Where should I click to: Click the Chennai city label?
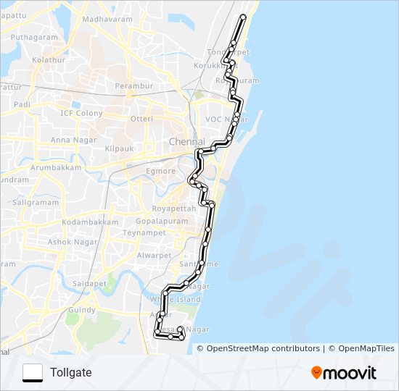pyautogui.click(x=187, y=141)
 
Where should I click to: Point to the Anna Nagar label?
pyautogui.click(x=70, y=140)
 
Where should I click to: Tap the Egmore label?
pyautogui.click(x=161, y=172)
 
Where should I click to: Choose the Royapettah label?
pyautogui.click(x=176, y=208)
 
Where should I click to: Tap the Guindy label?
pyautogui.click(x=81, y=310)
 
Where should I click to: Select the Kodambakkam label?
pyautogui.click(x=90, y=222)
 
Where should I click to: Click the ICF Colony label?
pyautogui.click(x=81, y=114)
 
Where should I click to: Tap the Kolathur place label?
pyautogui.click(x=49, y=60)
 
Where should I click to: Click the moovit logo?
pyautogui.click(x=344, y=373)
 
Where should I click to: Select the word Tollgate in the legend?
pyautogui.click(x=71, y=373)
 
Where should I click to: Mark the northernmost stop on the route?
pyautogui.click(x=244, y=17)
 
